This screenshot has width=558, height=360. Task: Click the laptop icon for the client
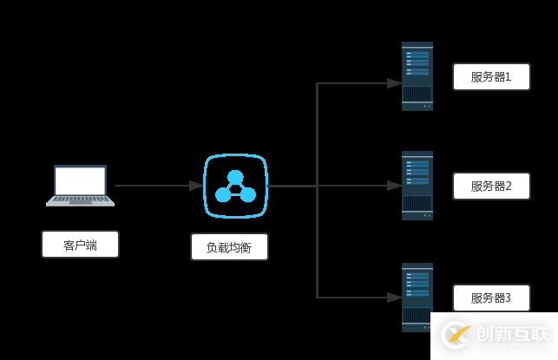click(x=80, y=185)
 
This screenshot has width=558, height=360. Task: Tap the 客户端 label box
click(x=80, y=245)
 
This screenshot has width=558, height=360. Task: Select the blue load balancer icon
click(x=235, y=186)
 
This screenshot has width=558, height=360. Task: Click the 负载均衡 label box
click(x=229, y=247)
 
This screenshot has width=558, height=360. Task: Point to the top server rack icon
click(x=417, y=76)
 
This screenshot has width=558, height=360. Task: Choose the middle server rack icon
click(x=417, y=186)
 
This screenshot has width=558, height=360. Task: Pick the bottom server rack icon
click(x=417, y=297)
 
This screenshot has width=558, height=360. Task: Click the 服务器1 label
click(x=491, y=76)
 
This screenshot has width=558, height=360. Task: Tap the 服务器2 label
click(x=491, y=186)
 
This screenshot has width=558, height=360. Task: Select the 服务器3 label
click(x=491, y=298)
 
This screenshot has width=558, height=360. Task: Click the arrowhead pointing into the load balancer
click(x=196, y=186)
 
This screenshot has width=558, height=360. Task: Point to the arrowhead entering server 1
click(x=394, y=83)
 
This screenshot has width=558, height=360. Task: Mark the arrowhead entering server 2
click(x=394, y=186)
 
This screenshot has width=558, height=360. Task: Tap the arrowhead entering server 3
click(x=394, y=297)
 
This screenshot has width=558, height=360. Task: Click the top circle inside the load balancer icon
click(x=235, y=177)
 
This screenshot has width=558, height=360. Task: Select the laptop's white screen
click(x=80, y=180)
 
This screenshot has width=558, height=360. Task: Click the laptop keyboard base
click(x=80, y=200)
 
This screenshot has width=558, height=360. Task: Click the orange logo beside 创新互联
click(x=456, y=335)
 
